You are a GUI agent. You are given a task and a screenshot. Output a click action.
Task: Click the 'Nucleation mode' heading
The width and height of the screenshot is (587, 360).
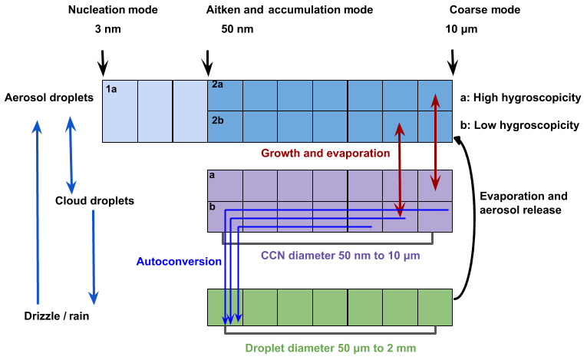113,11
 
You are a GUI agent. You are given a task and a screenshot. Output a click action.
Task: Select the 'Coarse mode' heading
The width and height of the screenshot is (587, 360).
485,11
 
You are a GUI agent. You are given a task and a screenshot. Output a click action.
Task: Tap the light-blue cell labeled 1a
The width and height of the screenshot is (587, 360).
120,112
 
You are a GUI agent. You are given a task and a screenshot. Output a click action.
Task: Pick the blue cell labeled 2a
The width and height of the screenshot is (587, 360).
225,95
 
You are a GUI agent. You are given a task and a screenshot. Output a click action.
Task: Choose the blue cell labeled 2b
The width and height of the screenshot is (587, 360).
225,127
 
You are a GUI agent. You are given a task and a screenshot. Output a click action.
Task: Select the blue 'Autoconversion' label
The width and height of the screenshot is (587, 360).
179,262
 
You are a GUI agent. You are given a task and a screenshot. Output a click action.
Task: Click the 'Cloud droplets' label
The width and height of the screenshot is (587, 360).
94,201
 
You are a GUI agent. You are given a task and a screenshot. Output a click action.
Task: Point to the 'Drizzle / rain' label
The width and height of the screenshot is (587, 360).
52,317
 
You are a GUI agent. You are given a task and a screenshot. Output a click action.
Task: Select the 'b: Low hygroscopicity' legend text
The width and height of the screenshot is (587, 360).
519,126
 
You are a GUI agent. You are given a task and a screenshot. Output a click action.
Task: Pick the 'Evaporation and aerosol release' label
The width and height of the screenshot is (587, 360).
519,203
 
